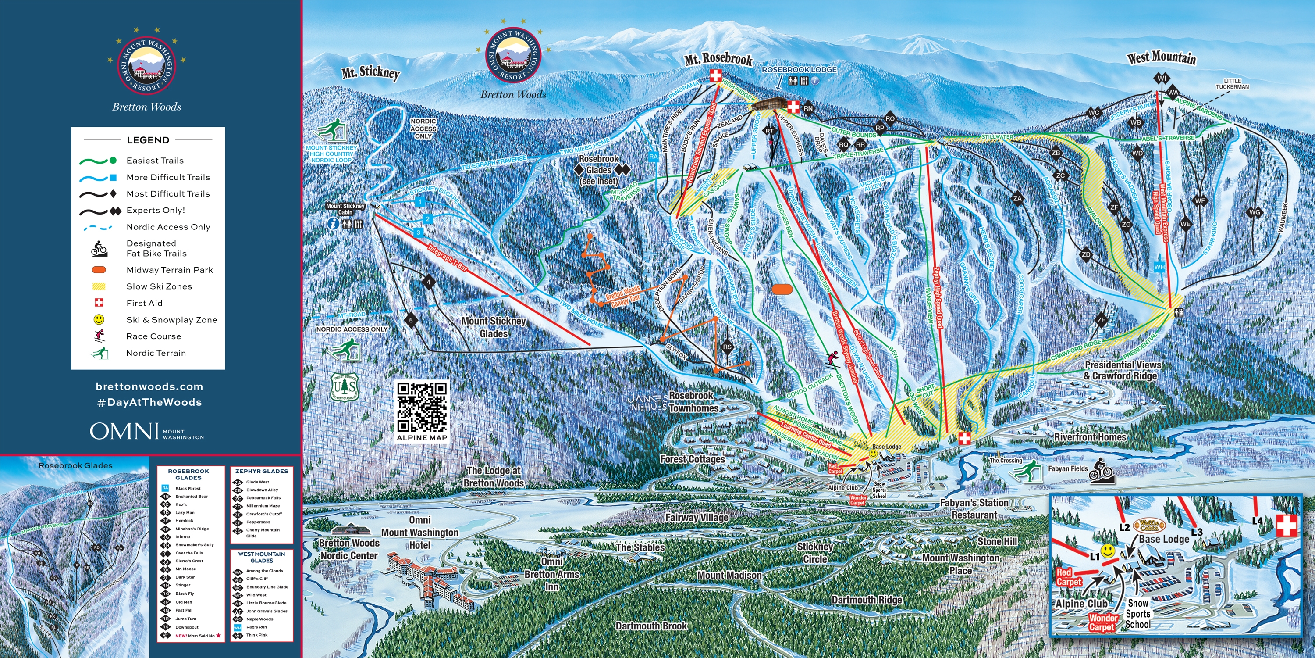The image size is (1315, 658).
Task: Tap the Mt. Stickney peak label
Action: coord(370,72)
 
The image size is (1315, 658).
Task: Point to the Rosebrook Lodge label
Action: coord(799,69)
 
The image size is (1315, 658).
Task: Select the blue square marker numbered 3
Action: coord(419,232)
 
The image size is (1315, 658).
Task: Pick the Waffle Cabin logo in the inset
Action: coord(1149,525)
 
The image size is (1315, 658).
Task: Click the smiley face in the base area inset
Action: coord(1107,551)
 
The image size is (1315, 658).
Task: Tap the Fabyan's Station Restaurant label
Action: coord(974,509)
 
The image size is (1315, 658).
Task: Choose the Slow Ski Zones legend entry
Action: coord(159,286)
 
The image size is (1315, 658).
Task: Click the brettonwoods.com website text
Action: coord(149,387)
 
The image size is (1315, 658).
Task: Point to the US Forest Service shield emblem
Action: coord(345,388)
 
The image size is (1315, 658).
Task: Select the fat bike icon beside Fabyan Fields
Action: coord(1100,471)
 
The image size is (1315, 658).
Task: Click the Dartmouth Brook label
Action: coord(651,626)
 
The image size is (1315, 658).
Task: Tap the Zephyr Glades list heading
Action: coord(262,471)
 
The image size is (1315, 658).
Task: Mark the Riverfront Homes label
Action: coord(1090,437)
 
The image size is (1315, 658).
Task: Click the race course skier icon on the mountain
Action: coord(832,359)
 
